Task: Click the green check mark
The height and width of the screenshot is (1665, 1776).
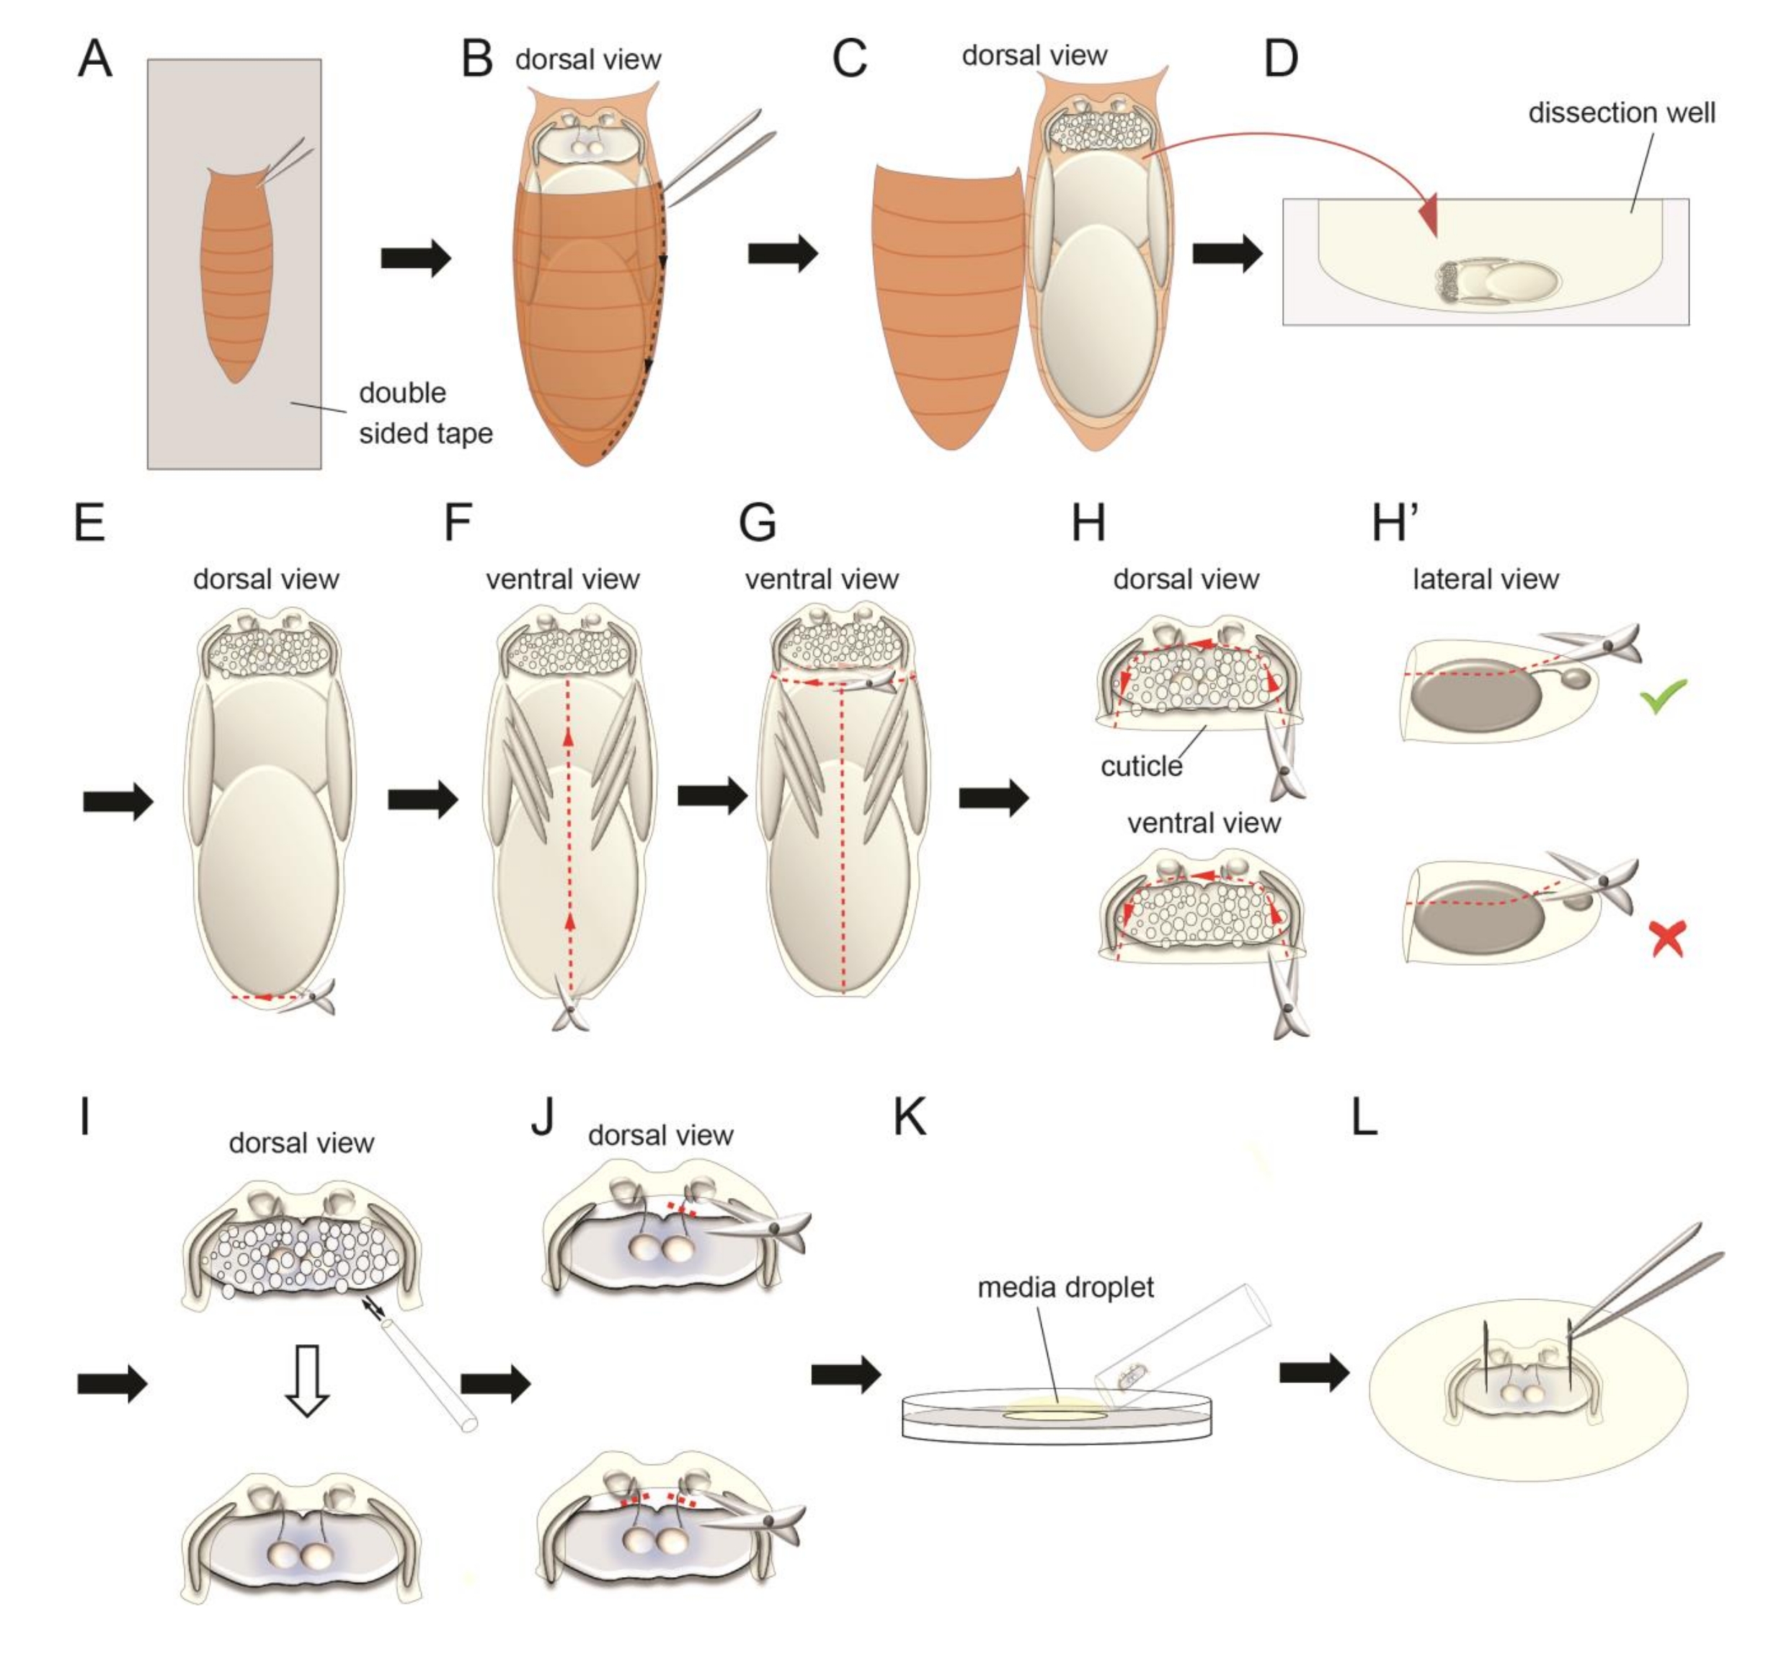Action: (1663, 695)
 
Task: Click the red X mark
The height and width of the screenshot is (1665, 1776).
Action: (1667, 938)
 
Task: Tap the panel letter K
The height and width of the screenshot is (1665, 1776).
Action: (910, 1117)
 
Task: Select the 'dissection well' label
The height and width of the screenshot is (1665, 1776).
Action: (1622, 112)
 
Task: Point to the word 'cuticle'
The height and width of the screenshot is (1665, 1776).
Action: (1141, 766)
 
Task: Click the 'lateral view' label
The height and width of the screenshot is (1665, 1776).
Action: (1485, 579)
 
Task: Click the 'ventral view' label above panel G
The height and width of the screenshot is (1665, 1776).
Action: (821, 579)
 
